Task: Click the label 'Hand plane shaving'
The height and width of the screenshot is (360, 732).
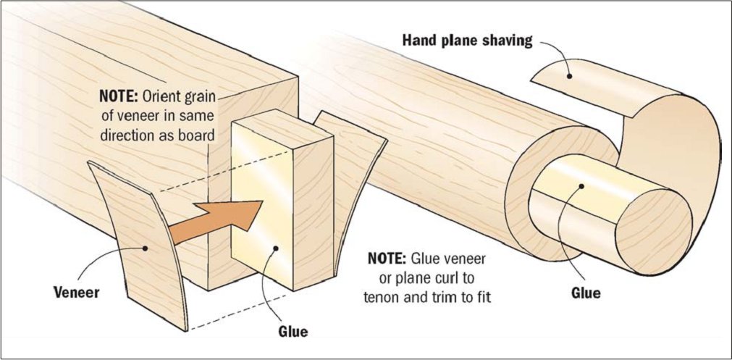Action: click(x=468, y=41)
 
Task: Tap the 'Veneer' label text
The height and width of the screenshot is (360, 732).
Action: click(x=77, y=294)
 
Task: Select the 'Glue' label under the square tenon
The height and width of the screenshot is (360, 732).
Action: click(x=293, y=332)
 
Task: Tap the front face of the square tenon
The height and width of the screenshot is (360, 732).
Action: click(x=264, y=203)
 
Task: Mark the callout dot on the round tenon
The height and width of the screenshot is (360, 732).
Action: click(x=581, y=188)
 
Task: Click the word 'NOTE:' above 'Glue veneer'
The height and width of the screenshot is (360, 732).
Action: click(x=387, y=259)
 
